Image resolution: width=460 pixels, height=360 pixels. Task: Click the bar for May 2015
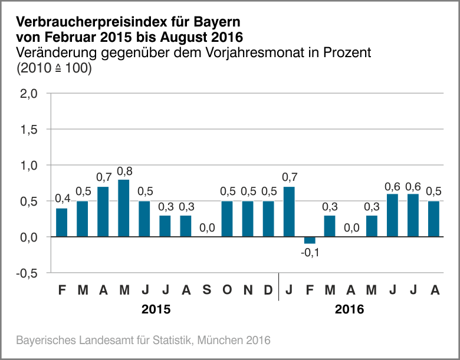click(x=124, y=208)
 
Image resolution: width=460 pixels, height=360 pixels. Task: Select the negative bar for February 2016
click(x=310, y=240)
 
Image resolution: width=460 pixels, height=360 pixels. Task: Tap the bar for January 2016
click(x=290, y=212)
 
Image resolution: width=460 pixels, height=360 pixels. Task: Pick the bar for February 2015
click(x=62, y=222)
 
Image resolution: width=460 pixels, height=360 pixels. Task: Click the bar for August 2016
click(x=434, y=219)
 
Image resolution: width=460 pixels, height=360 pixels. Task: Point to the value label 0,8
click(x=124, y=171)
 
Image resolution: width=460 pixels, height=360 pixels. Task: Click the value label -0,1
click(x=310, y=253)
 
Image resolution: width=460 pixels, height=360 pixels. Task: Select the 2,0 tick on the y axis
click(x=29, y=94)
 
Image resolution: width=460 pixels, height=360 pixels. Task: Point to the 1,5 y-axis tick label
click(x=29, y=130)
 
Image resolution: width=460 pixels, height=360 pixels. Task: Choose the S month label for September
click(x=206, y=290)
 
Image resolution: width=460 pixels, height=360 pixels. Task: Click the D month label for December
click(x=268, y=290)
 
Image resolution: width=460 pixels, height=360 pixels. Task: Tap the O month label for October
click(x=227, y=290)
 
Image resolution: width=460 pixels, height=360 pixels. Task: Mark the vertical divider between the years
click(x=279, y=286)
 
